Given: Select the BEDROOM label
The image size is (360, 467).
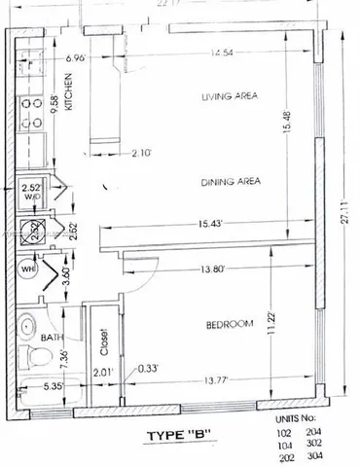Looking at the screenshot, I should tap(231, 323).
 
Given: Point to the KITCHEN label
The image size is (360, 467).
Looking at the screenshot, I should tap(69, 95).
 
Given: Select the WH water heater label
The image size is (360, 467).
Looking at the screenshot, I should tap(28, 269).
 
